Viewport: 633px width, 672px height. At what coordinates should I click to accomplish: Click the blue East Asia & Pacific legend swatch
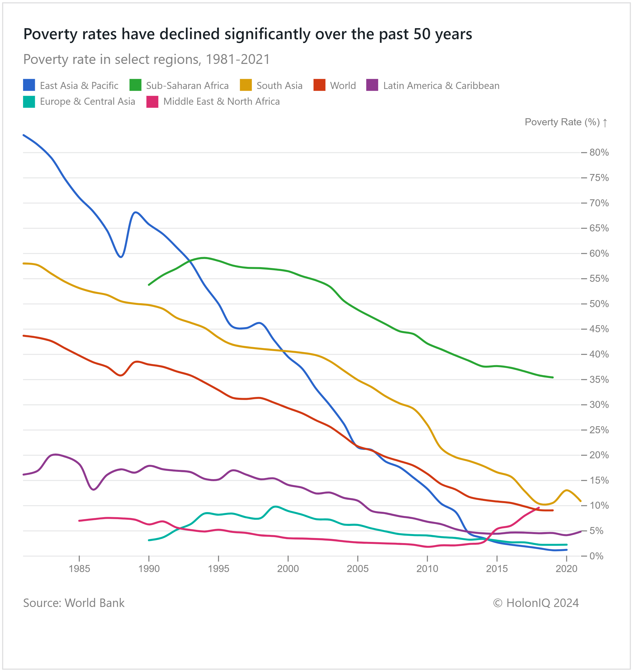click(x=29, y=85)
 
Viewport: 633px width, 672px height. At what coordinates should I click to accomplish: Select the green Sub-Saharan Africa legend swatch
click(x=135, y=85)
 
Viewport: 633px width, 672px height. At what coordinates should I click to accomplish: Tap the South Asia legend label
click(x=279, y=86)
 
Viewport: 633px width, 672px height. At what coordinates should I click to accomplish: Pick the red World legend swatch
click(x=319, y=85)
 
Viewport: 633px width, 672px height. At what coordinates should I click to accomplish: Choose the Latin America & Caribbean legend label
click(x=441, y=86)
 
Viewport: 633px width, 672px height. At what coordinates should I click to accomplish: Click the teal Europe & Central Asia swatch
click(x=29, y=102)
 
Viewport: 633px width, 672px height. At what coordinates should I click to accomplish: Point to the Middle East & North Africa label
click(x=221, y=101)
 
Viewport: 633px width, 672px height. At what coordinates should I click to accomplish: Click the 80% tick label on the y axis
click(x=599, y=153)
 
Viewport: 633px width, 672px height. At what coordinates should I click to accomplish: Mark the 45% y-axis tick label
click(x=599, y=329)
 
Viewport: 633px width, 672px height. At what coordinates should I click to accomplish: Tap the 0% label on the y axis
click(x=596, y=556)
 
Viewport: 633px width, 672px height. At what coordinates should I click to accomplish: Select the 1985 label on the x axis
click(x=79, y=569)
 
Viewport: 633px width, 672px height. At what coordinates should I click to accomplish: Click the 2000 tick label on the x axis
click(x=288, y=569)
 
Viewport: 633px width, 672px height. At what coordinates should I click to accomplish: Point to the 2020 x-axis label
click(x=566, y=569)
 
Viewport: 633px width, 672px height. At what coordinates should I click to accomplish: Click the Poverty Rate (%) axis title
click(x=562, y=122)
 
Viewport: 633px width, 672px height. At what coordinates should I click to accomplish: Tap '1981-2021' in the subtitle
click(x=238, y=59)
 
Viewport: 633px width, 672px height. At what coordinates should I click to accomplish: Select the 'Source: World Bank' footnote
click(x=74, y=603)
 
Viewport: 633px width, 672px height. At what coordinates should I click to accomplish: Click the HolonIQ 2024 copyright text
click(x=536, y=603)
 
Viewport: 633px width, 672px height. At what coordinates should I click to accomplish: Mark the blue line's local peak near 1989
click(x=135, y=212)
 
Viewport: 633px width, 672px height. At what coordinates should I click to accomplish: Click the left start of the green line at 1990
click(x=149, y=285)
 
